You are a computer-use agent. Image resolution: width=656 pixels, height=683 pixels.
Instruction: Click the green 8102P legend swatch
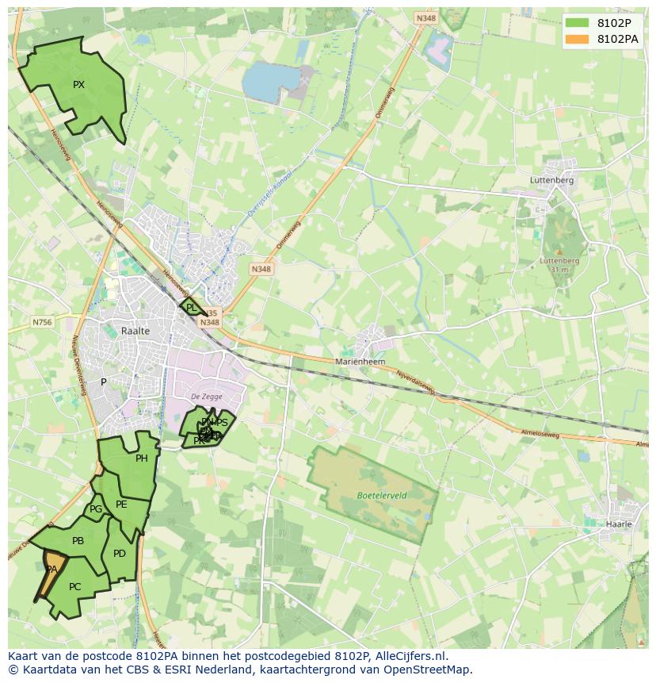[578, 23]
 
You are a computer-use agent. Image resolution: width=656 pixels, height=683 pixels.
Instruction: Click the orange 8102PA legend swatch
[578, 39]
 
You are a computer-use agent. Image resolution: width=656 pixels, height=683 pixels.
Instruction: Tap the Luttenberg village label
[551, 180]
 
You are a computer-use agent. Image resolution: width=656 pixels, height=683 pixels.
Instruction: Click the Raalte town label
[135, 331]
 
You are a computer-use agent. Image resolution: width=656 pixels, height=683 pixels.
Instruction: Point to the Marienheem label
[360, 361]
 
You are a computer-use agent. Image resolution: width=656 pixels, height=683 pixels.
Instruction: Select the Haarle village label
[619, 524]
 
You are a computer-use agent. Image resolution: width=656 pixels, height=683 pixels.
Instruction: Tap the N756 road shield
[42, 322]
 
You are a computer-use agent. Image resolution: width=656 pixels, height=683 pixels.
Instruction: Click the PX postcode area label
[78, 85]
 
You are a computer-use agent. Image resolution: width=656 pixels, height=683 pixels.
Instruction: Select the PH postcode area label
[142, 459]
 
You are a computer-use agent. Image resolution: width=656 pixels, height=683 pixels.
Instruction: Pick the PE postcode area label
[121, 505]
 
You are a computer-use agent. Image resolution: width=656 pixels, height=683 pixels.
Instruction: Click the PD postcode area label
[120, 554]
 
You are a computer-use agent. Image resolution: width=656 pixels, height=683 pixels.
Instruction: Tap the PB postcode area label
[78, 541]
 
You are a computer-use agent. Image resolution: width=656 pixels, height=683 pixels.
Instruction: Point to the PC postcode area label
[74, 587]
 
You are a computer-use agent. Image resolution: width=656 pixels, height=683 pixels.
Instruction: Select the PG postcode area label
[96, 509]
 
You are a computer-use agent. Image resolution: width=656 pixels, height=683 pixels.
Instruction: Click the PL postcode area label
[191, 307]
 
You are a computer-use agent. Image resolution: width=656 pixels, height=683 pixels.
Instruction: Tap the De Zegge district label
[206, 397]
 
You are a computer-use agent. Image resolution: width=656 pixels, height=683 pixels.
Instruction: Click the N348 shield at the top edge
[425, 17]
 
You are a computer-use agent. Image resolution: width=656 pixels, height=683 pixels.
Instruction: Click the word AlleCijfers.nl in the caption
[410, 656]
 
